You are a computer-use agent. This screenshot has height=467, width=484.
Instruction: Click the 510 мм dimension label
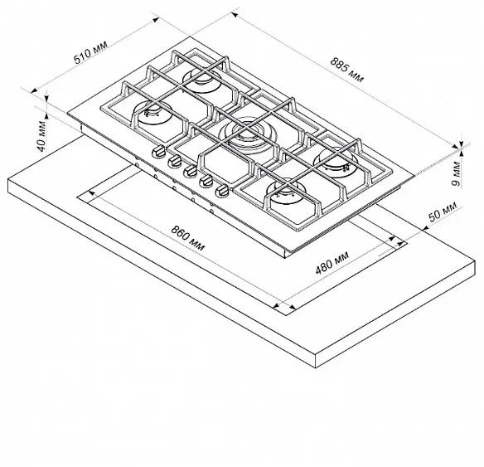pos(91,52)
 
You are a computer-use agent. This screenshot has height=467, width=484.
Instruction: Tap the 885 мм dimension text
pos(347,70)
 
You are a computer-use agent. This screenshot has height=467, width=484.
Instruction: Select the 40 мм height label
pos(41,137)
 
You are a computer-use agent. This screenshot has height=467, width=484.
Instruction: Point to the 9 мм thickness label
pos(456,174)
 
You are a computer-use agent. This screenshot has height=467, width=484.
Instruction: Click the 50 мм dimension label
pos(443,212)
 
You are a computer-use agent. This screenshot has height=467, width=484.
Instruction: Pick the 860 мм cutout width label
pos(187,238)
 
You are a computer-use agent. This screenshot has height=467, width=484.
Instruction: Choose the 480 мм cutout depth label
pos(332,263)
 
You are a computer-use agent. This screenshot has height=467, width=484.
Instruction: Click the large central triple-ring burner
pos(246,135)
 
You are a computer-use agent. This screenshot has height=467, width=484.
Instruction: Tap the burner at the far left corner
pos(152,113)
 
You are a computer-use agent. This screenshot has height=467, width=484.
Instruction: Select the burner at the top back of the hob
pos(202,80)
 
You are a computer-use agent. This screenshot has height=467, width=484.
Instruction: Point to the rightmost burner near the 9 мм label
pos(336,161)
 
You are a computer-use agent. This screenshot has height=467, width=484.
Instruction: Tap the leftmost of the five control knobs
pos(159,151)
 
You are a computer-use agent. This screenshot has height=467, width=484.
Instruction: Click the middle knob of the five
pos(190,171)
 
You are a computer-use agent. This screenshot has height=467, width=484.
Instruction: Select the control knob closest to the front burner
pos(222,191)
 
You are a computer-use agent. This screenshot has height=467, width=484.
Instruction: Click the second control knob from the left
pos(175,161)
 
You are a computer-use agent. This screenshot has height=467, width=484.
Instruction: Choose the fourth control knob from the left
pos(206,180)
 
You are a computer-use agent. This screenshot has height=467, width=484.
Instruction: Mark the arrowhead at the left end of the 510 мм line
pos(34,90)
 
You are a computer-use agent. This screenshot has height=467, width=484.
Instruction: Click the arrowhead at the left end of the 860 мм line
pos(92,193)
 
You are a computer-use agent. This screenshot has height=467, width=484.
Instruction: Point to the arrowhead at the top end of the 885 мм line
pos(235,15)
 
